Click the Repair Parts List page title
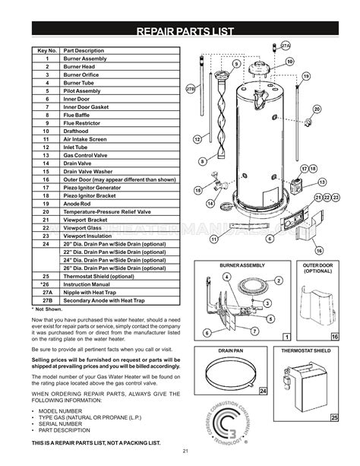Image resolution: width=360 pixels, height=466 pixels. click(x=180, y=31)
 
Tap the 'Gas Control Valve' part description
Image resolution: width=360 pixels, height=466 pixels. click(x=90, y=154)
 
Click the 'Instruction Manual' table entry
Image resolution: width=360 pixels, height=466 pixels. click(x=92, y=284)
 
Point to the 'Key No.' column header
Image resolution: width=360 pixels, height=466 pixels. click(x=47, y=50)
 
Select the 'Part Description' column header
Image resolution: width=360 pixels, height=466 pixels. click(x=84, y=50)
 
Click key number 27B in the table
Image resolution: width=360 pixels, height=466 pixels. click(x=47, y=300)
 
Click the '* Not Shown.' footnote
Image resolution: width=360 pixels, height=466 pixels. click(x=48, y=309)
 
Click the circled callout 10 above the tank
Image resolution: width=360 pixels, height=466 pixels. click(x=289, y=62)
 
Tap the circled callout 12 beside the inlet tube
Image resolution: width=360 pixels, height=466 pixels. click(x=197, y=140)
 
